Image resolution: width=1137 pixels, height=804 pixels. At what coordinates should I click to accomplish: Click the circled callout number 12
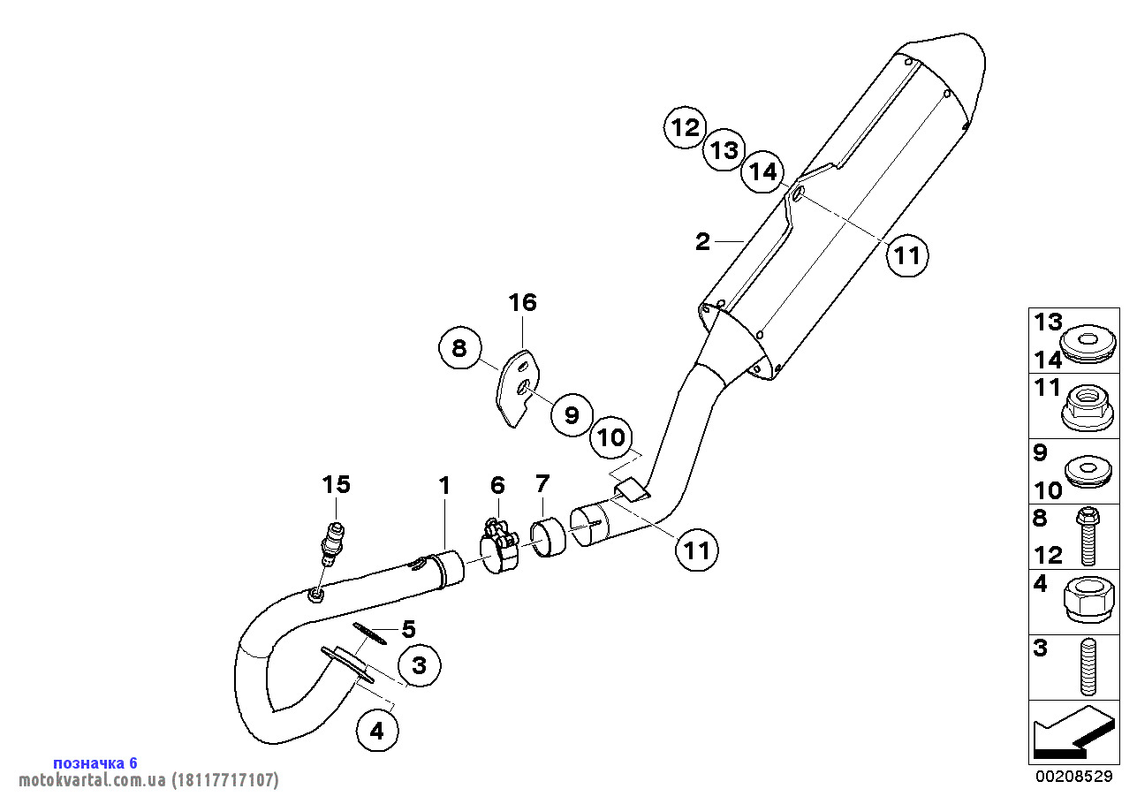[x=686, y=127]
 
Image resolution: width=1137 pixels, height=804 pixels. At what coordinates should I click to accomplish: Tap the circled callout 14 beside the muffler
[x=762, y=172]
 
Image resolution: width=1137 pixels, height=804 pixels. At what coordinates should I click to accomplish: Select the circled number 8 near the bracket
[x=459, y=348]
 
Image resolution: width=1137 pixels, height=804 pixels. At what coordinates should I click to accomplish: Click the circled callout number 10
[x=611, y=437]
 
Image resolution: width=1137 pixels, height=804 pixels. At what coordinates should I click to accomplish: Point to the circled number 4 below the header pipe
[x=377, y=731]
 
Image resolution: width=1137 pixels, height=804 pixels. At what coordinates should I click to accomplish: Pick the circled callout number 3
[x=420, y=665]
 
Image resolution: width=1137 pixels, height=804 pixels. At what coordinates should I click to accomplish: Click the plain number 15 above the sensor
[x=336, y=485]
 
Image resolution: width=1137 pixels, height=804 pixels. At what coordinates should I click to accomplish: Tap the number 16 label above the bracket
[x=523, y=303]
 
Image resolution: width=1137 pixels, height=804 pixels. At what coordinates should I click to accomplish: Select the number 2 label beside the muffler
[x=702, y=241]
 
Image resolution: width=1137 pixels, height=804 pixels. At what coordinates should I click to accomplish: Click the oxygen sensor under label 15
[x=331, y=544]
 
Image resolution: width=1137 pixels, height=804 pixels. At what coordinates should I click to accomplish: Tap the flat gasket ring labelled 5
[x=370, y=633]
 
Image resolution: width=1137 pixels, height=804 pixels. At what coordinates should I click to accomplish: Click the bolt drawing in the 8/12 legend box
[x=1088, y=536]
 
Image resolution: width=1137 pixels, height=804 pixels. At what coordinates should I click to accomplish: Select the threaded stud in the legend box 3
[x=1088, y=667]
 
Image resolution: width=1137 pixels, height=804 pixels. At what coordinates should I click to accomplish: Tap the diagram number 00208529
[x=1074, y=776]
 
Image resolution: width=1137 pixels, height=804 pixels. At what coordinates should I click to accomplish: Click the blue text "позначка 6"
[x=95, y=763]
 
